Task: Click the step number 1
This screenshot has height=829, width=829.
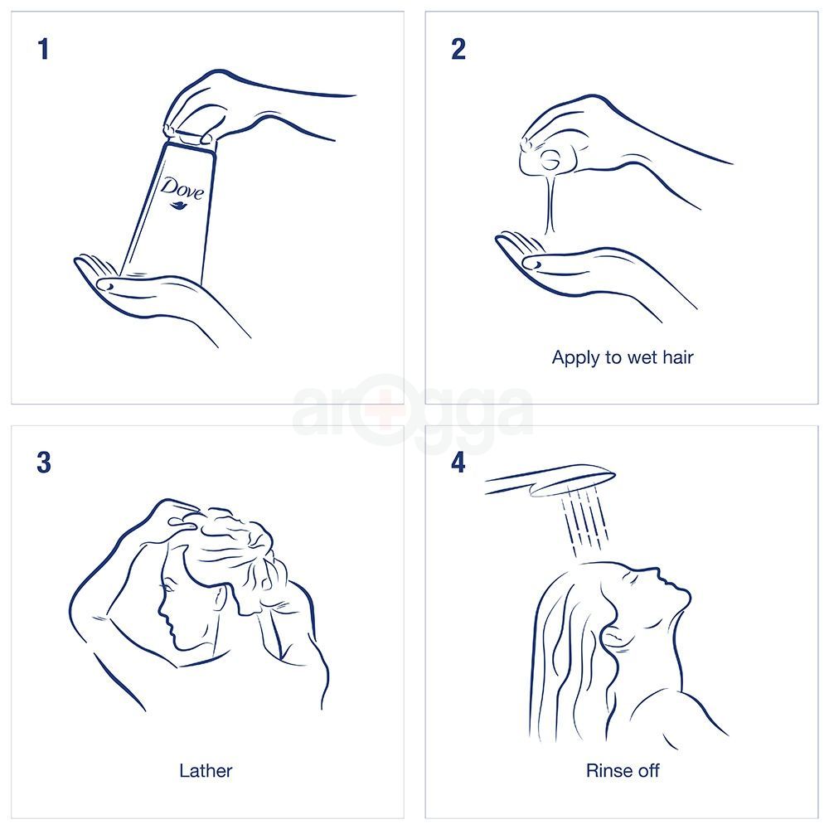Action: pos(43,49)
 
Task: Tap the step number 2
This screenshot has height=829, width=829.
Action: pos(458,49)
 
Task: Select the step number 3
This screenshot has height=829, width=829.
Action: pos(44,463)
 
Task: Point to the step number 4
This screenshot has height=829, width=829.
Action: pos(458,463)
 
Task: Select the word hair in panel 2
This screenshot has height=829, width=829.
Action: pos(677,357)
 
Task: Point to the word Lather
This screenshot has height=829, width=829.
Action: pos(206,771)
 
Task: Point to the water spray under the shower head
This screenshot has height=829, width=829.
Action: pos(584,521)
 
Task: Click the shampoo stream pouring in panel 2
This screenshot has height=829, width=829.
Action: pos(550,204)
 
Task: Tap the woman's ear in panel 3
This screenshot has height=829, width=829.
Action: pos(220,598)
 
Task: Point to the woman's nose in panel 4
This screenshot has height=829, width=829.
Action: pos(659,573)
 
